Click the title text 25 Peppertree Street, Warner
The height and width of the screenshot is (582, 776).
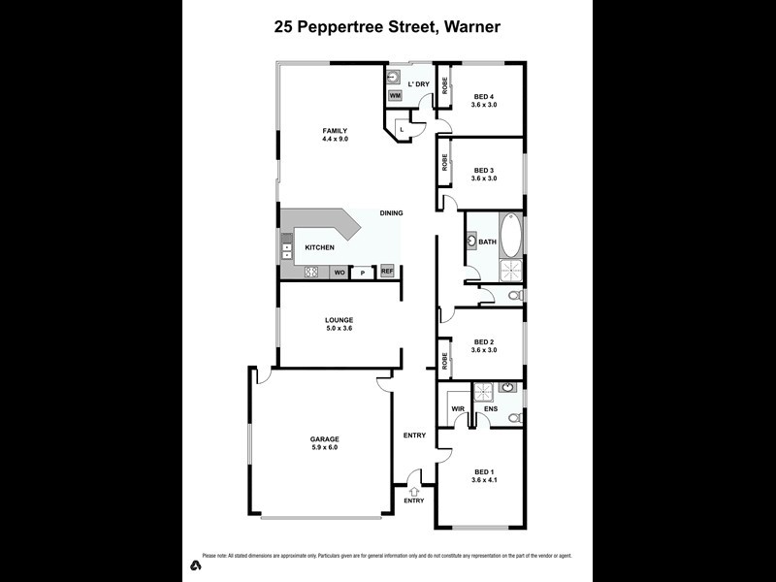387,27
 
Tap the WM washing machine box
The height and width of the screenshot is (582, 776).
396,96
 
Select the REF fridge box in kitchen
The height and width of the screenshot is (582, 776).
387,273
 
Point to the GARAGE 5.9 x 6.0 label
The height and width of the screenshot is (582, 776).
325,443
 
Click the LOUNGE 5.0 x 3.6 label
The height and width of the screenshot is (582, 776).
339,324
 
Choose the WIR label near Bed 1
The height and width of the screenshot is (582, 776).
458,408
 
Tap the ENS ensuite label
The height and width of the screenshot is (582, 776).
491,408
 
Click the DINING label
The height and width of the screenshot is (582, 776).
392,212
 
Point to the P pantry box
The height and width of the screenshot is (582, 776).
363,273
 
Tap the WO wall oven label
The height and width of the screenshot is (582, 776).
339,273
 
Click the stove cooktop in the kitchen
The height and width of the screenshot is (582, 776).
312,273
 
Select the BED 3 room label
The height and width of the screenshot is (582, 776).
484,174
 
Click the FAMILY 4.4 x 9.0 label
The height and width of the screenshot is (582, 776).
336,135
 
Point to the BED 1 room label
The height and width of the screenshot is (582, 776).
484,475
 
